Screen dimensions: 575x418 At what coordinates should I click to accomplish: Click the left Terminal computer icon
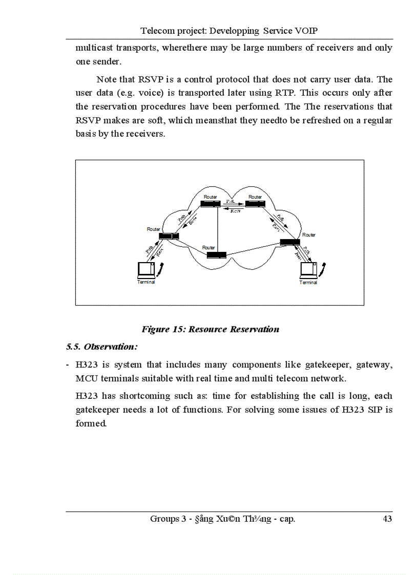[x=147, y=269]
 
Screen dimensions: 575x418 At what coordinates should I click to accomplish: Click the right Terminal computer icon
[x=308, y=269]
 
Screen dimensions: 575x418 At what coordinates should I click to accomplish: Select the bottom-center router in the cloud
[x=216, y=254]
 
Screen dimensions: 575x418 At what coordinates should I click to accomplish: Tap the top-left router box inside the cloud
[x=210, y=204]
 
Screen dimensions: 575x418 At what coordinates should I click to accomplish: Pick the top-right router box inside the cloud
[x=255, y=204]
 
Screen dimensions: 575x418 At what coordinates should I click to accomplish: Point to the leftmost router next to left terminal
[x=169, y=236]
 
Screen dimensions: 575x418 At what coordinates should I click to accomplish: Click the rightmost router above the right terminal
[x=290, y=242]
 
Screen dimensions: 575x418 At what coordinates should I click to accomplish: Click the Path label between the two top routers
[x=231, y=201]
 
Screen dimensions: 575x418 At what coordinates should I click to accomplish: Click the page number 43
[x=387, y=519]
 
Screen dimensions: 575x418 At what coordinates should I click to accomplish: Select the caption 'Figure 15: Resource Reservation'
[x=211, y=329]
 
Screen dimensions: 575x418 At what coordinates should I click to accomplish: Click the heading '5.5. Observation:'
[x=102, y=347]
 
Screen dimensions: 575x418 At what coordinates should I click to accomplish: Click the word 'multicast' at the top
[x=93, y=48]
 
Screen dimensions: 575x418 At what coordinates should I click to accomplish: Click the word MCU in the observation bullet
[x=86, y=379]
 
